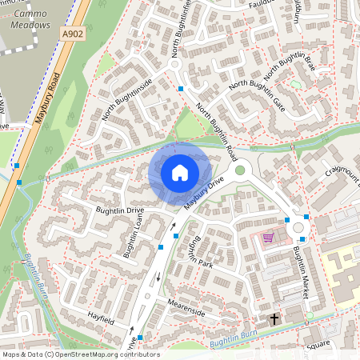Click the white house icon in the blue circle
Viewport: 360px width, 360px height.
[180, 173]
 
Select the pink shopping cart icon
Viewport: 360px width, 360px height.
[268, 238]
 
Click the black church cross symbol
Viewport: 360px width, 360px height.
[274, 318]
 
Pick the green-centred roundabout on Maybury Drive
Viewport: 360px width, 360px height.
[239, 170]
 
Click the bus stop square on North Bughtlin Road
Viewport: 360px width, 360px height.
[182, 88]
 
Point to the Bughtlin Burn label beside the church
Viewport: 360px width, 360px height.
[232, 342]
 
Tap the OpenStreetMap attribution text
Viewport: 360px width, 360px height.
[80, 354]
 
